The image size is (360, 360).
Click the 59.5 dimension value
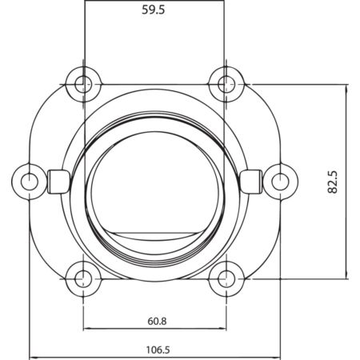point(154,10)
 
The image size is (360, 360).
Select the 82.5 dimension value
point(333,182)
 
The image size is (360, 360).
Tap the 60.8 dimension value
point(157,321)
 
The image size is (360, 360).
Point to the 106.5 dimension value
point(158,350)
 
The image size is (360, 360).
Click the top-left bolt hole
point(83,85)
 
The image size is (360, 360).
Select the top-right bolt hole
point(226,85)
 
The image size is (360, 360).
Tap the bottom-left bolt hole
point(83,279)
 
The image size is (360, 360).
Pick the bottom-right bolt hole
point(226,279)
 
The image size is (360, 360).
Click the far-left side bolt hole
point(30,182)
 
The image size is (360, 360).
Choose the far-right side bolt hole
point(280,182)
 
